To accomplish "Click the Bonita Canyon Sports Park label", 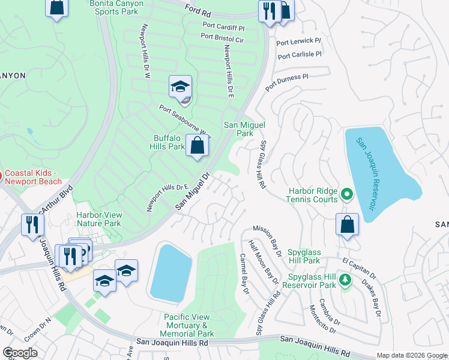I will click(x=116, y=7).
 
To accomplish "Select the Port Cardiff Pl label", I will click(x=223, y=27).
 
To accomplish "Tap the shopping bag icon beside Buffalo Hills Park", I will click(x=197, y=145).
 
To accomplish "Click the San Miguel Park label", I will click(x=244, y=129).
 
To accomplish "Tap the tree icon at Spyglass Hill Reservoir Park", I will click(x=345, y=280).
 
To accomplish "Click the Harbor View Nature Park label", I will click(x=99, y=219).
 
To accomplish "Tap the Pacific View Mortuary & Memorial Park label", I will click(x=189, y=325).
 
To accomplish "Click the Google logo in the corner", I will click(x=20, y=353).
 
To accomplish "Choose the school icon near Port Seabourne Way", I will click(x=180, y=88).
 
